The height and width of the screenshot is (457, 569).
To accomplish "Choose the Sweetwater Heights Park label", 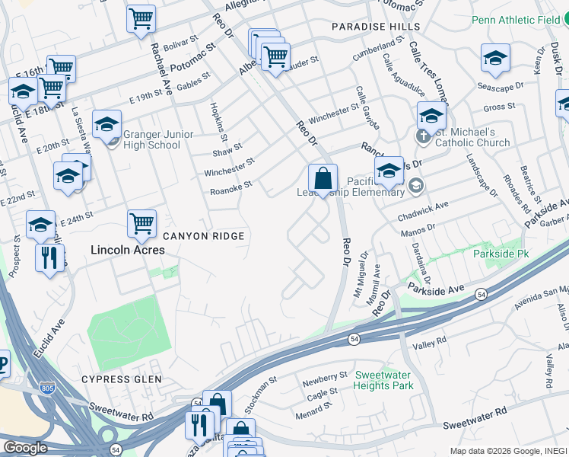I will coord(383,381).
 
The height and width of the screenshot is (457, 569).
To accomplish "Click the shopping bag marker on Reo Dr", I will coord(323,179).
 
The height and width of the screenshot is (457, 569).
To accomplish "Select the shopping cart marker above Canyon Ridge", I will coord(141,224).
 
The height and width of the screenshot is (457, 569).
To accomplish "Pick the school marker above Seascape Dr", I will coord(495,58).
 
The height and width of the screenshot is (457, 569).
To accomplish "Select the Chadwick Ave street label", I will coord(423,210).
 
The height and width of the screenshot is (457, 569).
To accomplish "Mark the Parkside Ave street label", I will coord(434,289).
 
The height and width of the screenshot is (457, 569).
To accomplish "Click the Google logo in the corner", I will coord(25,448).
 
